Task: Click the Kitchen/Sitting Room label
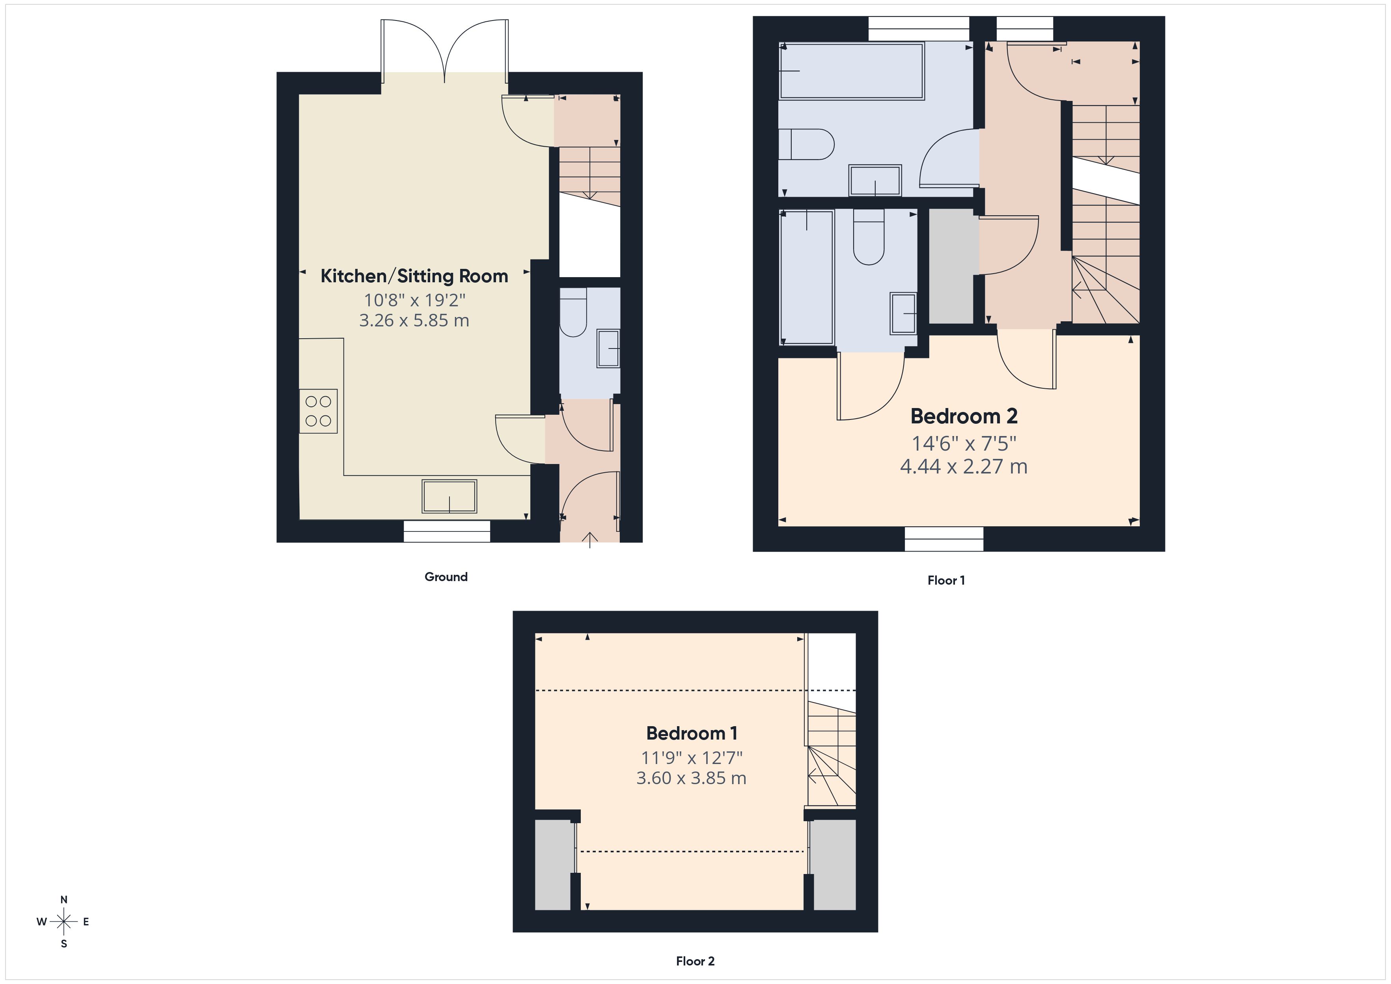(414, 276)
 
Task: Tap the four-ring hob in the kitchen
(318, 411)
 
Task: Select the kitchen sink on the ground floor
(449, 496)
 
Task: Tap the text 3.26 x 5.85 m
(414, 321)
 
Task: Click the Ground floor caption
(446, 577)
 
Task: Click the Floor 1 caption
(946, 580)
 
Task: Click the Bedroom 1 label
(691, 734)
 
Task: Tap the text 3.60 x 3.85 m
(691, 778)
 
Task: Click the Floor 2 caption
(695, 961)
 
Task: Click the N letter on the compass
(63, 900)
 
